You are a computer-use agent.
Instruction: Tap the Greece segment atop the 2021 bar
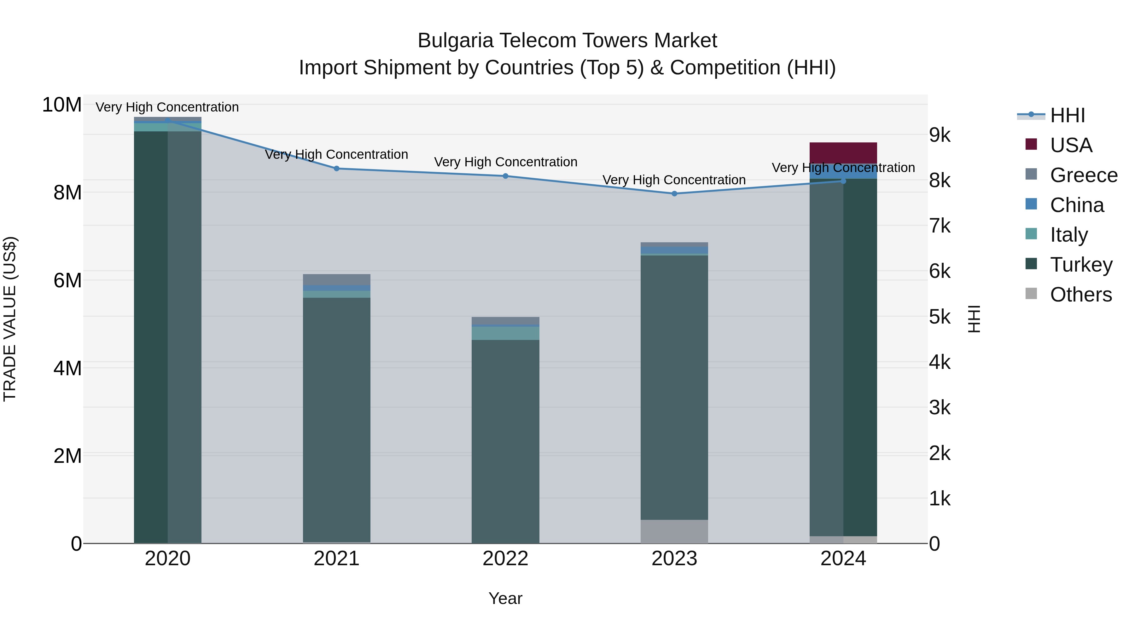[337, 279]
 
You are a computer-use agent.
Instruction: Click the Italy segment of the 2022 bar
[505, 333]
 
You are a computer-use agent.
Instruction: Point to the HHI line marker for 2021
[337, 168]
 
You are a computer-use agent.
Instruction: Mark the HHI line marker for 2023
[674, 193]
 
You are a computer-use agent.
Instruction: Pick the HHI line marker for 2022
[505, 176]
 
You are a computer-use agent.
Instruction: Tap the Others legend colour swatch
[1031, 293]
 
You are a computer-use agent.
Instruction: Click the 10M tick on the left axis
[62, 105]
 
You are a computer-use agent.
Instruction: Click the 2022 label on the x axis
[505, 559]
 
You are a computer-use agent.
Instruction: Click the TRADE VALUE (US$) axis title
[10, 319]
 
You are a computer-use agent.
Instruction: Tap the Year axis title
[505, 598]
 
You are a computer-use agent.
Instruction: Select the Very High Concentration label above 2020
[167, 107]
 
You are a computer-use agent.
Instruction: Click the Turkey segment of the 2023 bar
[674, 388]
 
